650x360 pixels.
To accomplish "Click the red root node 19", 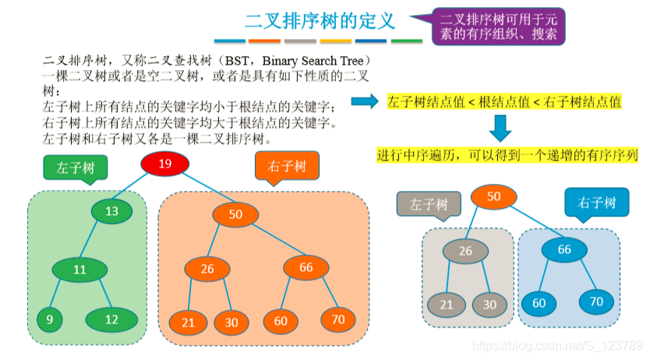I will point(165,164).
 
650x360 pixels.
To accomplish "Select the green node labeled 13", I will point(111,211).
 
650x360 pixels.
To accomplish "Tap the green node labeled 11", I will point(79,270).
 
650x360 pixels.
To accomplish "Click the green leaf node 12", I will point(111,319).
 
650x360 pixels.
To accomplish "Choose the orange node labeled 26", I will point(207,270).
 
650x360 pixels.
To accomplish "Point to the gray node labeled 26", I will point(466,250).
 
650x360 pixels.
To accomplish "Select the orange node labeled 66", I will point(306,267).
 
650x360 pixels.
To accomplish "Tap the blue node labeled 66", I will point(564,249).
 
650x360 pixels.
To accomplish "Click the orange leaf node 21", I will point(188,321).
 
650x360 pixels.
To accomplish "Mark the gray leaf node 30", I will point(489,304).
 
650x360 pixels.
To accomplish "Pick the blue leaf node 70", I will point(596,301).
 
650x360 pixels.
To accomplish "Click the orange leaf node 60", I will point(281,320).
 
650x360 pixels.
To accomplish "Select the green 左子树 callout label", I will point(76,168).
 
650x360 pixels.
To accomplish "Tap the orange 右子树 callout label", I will point(287,166).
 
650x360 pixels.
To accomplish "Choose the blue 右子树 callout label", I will point(597,204).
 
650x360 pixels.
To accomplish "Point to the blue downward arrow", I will point(500,127).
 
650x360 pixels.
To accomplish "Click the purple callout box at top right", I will point(497,26).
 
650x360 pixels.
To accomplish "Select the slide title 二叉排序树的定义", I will point(320,21).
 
